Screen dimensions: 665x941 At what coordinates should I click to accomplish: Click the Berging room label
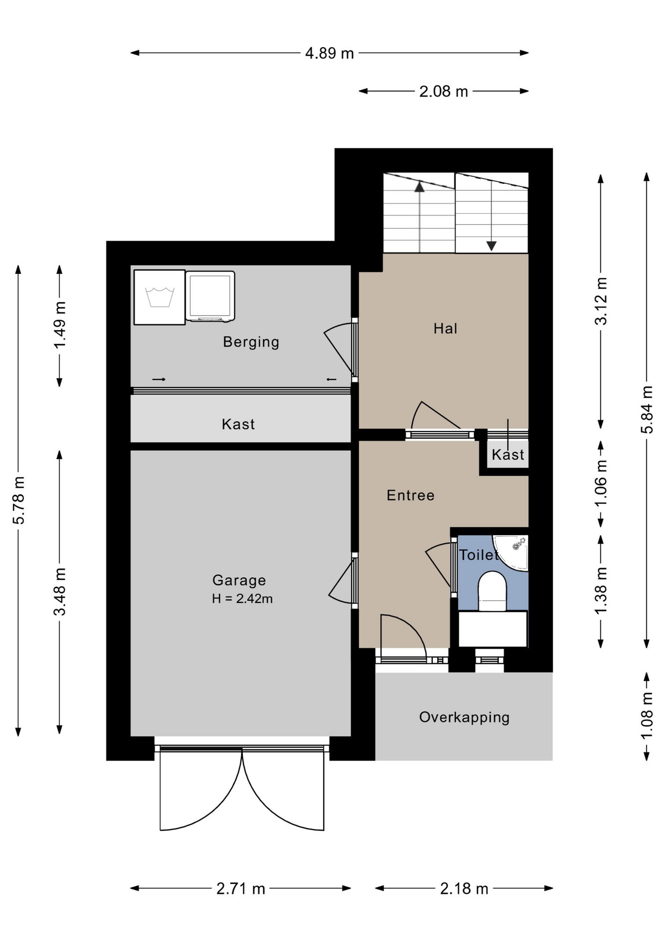251,342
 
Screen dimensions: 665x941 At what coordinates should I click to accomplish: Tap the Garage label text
239,580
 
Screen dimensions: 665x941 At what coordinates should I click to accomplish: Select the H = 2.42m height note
242,598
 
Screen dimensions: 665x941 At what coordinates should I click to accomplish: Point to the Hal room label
445,328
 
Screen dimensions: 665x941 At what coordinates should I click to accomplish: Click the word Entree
410,495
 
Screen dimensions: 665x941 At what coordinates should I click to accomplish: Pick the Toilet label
479,555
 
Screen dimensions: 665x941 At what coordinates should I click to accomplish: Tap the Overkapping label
464,718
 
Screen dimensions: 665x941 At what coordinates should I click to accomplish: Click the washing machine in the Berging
160,297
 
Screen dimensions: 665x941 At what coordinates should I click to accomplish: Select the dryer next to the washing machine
210,297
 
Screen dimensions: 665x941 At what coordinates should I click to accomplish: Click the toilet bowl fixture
492,591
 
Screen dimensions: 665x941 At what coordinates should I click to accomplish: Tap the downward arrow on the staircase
492,216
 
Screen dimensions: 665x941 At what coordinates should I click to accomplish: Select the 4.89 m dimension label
330,53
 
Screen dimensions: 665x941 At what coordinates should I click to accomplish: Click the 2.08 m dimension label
444,91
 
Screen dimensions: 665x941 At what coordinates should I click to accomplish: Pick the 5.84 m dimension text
647,410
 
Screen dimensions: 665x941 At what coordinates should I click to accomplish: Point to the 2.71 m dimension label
241,889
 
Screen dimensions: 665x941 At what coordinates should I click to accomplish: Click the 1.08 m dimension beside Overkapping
647,716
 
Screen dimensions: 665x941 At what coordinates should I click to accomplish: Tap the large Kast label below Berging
238,424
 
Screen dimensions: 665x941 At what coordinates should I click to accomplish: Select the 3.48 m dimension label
60,592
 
